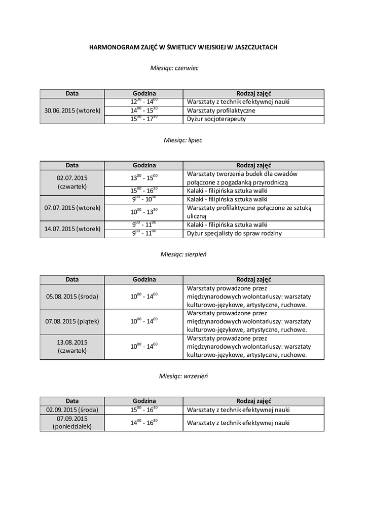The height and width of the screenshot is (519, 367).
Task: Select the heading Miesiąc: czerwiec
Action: [174, 68]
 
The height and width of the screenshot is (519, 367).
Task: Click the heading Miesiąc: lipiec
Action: [182, 140]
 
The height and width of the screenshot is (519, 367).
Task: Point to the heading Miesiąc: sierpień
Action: [183, 254]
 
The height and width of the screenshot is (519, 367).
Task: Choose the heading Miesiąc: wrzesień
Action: [183, 376]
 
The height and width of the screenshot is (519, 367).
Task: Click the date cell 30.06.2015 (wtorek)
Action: [72, 110]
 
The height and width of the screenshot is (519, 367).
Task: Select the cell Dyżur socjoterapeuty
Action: [217, 119]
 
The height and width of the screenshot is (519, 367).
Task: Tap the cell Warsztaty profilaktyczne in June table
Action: [221, 110]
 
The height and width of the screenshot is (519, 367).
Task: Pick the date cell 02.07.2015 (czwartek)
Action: [72, 182]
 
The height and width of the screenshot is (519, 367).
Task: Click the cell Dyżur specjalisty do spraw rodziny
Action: [234, 234]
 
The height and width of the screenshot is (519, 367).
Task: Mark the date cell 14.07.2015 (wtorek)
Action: [72, 229]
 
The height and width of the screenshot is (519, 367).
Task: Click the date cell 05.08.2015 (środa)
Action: [72, 296]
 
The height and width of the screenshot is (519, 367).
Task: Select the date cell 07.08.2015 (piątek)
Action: [72, 321]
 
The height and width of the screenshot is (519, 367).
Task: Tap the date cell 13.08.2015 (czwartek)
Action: [72, 346]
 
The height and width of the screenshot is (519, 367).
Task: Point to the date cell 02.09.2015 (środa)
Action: [72, 410]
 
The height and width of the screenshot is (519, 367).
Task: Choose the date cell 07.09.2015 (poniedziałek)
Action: [72, 423]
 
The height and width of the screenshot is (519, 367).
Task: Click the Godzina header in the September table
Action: [144, 401]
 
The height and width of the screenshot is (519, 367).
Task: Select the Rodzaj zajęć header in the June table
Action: [253, 93]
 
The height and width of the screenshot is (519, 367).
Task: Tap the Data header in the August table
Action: [72, 279]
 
